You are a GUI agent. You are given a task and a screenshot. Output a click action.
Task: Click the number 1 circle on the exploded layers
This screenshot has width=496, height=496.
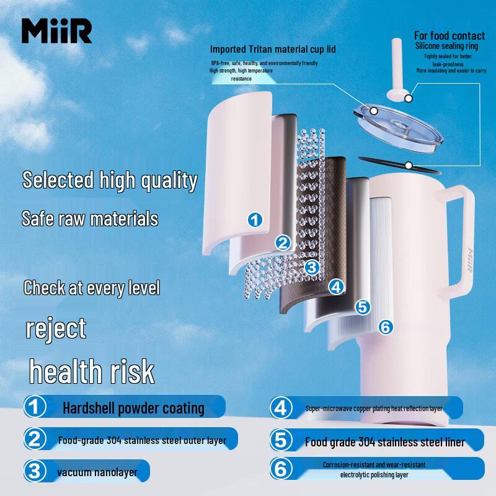coord(255,219)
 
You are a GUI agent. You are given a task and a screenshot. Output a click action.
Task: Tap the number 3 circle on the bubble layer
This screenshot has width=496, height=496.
coord(312,267)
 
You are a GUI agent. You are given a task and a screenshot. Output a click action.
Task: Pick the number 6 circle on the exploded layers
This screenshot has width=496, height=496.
coord(385,327)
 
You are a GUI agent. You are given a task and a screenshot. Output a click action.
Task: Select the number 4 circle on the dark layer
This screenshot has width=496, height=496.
coord(336,286)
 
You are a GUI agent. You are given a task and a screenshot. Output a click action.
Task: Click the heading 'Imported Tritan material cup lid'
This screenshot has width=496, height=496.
coord(273,49)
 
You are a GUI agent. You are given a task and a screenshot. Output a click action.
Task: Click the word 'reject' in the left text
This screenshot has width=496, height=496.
coord(56,328)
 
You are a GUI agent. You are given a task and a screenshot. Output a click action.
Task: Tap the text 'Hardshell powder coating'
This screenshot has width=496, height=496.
coord(133,408)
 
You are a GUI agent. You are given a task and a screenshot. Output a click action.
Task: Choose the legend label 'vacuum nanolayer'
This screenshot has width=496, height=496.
coord(97,472)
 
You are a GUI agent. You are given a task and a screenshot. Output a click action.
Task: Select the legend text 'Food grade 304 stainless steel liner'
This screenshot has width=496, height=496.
coord(384,442)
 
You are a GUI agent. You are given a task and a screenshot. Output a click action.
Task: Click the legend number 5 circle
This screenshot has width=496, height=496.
coord(281,441)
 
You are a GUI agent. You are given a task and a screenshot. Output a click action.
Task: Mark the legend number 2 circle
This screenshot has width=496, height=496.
coord(35,440)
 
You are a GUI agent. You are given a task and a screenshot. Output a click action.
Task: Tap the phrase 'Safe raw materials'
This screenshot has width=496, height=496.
coord(90,218)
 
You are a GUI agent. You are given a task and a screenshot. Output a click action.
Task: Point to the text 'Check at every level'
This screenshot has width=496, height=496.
coord(92,288)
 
